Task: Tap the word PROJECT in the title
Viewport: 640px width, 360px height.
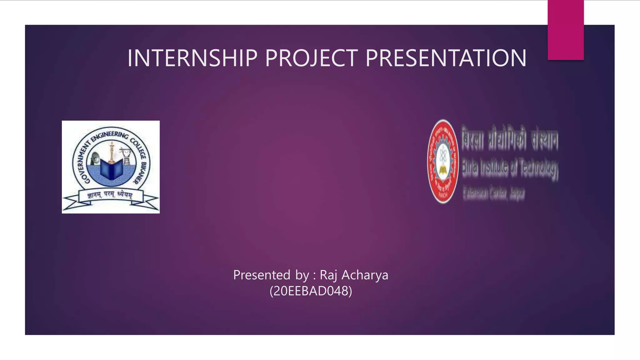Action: pos(311,58)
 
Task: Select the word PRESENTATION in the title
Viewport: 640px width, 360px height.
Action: pos(446,58)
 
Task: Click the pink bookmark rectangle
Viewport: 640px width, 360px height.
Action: pos(565,30)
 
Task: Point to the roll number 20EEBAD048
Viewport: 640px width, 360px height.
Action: pos(311,291)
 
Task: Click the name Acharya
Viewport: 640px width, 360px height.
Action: pos(365,275)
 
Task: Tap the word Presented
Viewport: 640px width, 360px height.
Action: pos(262,275)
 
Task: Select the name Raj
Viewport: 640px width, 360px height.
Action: pos(328,275)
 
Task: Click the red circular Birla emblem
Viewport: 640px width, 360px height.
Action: pos(443,162)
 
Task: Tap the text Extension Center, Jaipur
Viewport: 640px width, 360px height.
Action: pos(494,192)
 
